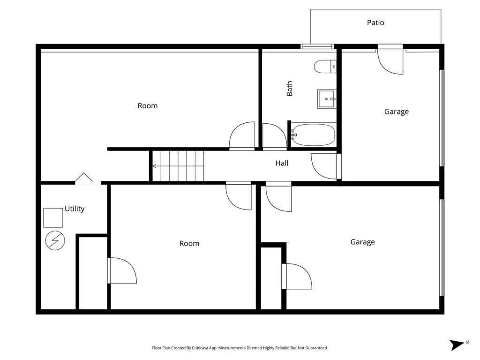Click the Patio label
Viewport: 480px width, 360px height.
click(x=375, y=22)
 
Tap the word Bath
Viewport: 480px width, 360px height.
click(x=289, y=89)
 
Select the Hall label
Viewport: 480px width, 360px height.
click(x=282, y=163)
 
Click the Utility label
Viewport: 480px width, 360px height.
click(x=75, y=209)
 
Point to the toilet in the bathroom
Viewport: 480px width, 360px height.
click(x=325, y=67)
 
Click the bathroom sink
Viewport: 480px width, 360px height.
click(x=327, y=99)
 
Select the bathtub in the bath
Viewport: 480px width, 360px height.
click(x=313, y=135)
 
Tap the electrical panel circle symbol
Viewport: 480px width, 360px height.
click(x=55, y=240)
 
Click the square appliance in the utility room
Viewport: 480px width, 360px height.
click(x=53, y=217)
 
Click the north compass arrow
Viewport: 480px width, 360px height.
click(x=457, y=345)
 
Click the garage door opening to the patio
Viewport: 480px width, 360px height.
click(x=390, y=60)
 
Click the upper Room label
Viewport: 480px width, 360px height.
click(x=148, y=106)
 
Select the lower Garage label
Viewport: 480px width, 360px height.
click(x=362, y=242)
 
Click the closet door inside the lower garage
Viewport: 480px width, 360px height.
click(x=297, y=277)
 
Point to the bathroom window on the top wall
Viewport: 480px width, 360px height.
click(x=317, y=46)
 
